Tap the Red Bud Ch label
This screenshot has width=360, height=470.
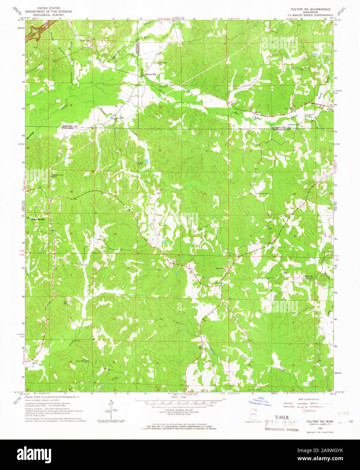click(164, 86)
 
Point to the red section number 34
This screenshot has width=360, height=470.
click(115, 234)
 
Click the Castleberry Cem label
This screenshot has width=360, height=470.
click(57, 175)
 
